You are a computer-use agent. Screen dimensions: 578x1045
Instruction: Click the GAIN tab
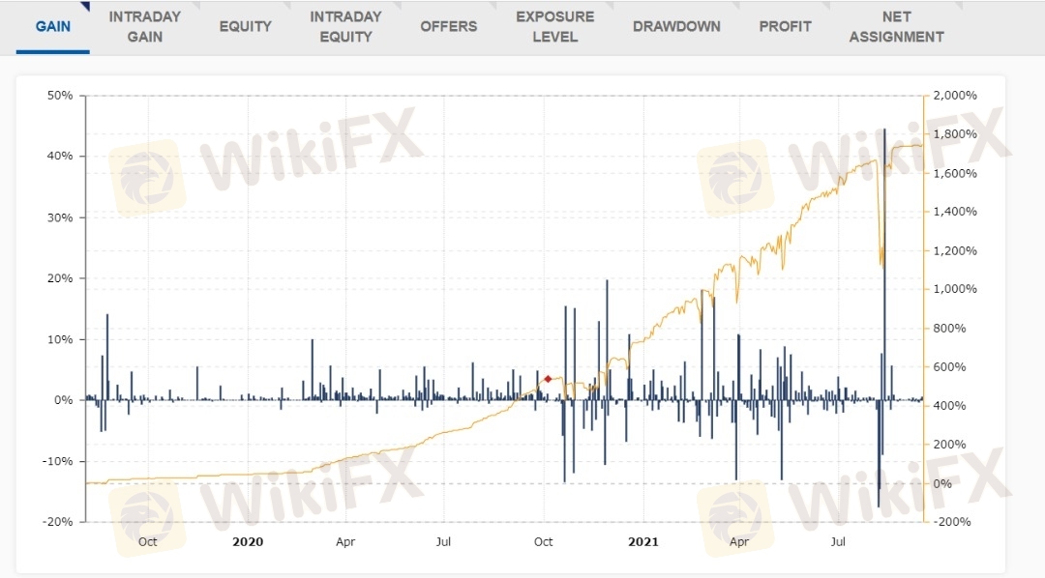(x=53, y=26)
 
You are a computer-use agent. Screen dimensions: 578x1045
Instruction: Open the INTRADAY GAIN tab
(x=144, y=26)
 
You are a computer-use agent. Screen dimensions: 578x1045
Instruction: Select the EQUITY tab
(x=245, y=26)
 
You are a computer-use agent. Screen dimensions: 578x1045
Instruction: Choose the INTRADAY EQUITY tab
(x=345, y=26)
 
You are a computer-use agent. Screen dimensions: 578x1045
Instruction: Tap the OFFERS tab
(x=448, y=26)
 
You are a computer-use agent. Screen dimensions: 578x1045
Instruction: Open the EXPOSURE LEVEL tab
(x=554, y=26)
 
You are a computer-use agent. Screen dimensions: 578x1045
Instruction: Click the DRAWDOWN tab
(x=676, y=26)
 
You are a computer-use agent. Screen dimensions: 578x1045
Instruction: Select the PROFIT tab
(x=785, y=26)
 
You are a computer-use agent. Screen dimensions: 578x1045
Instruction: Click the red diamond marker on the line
(x=548, y=379)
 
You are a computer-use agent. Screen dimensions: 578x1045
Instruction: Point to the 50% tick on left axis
(x=60, y=96)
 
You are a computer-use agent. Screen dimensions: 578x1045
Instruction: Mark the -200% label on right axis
(x=953, y=522)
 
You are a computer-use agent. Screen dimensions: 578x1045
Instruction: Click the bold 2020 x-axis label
(x=248, y=541)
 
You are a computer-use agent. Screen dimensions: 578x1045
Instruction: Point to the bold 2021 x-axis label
(x=642, y=541)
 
